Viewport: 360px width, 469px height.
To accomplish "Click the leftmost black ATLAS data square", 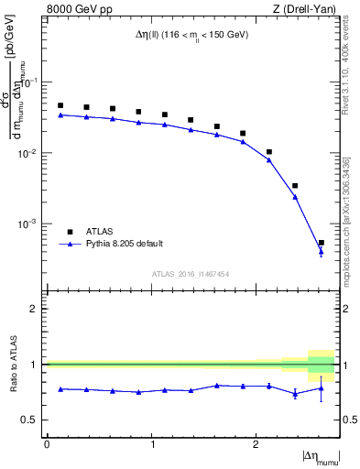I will tap(60, 105).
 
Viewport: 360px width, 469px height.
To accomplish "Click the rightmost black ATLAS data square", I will tap(321, 243).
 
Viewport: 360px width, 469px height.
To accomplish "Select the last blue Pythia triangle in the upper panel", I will tap(321, 252).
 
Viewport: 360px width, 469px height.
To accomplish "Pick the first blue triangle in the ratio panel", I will tap(60, 389).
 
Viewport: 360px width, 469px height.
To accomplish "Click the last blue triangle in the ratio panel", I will tap(321, 388).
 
